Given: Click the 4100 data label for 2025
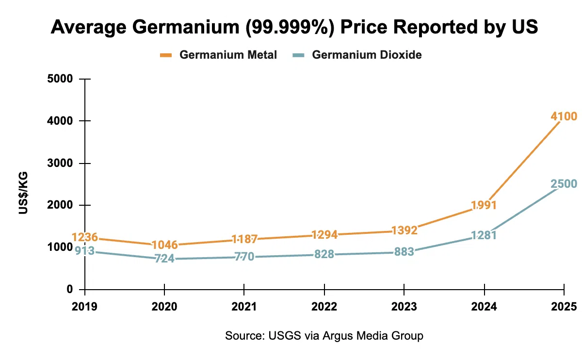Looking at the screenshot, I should click(x=564, y=116).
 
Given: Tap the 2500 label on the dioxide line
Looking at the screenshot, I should click(x=564, y=184).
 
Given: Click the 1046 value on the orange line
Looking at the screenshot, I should click(x=164, y=245).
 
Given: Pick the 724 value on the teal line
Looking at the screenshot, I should click(x=164, y=259).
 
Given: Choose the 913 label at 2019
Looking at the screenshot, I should click(x=85, y=251).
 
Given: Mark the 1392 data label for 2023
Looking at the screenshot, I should click(x=404, y=230).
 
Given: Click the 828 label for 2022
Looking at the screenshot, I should click(x=324, y=254).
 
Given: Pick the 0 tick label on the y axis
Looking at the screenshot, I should click(x=69, y=290).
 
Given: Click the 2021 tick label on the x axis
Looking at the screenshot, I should click(x=244, y=307).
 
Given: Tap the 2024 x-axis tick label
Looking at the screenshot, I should click(x=484, y=307).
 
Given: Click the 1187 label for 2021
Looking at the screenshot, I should click(x=244, y=239).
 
